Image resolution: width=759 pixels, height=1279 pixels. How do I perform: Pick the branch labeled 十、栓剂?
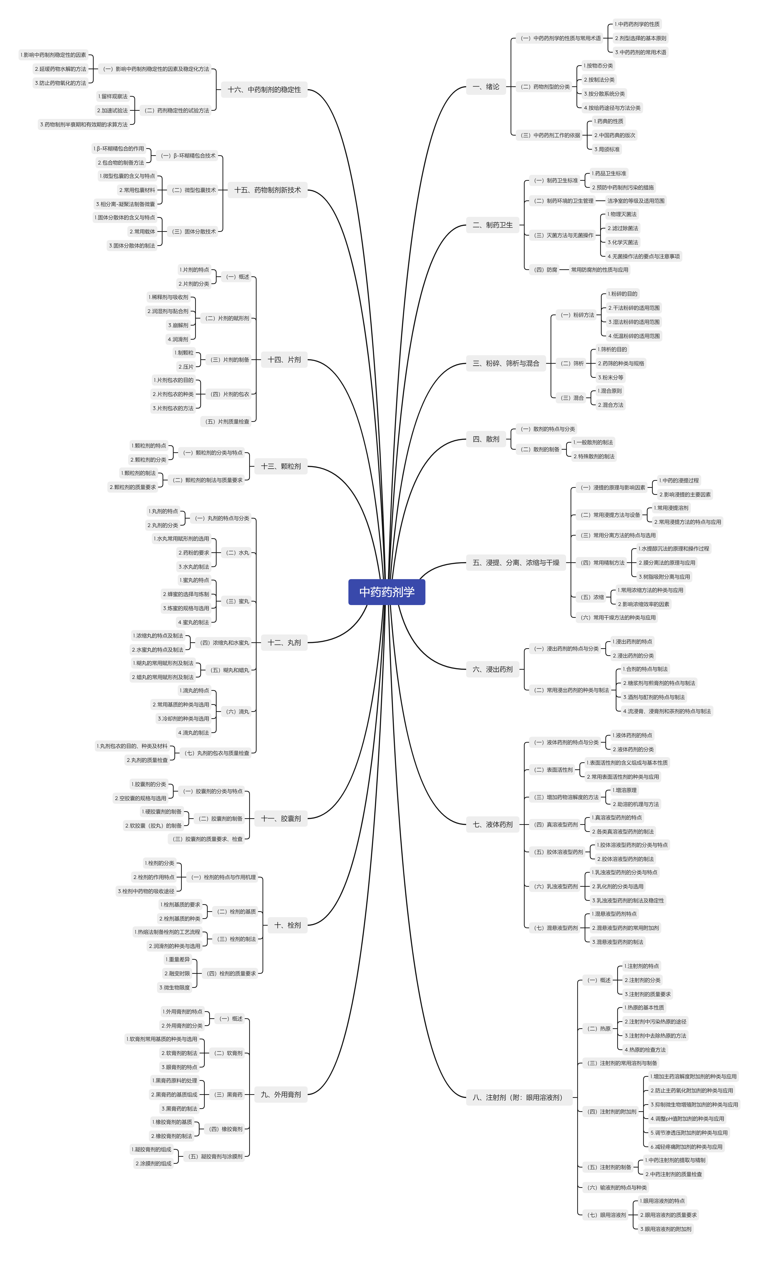coord(287,925)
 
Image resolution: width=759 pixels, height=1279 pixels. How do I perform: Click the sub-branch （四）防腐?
coord(545,270)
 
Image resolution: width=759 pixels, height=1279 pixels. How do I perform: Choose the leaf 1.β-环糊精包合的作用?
coord(119,149)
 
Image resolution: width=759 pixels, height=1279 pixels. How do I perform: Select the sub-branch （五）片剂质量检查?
coord(227,422)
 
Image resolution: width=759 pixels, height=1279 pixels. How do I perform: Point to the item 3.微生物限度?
coord(174,987)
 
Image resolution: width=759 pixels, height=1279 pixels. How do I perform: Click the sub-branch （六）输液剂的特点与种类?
coord(617,1188)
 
